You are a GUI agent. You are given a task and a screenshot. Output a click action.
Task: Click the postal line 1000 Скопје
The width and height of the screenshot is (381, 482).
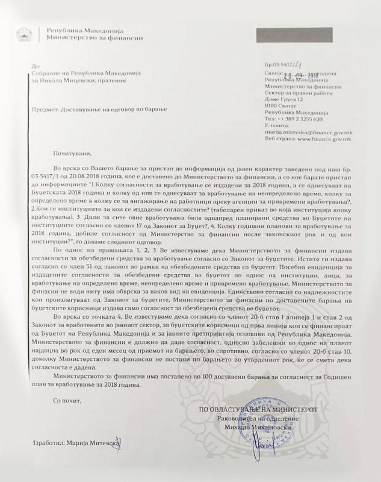tap(280, 106)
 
